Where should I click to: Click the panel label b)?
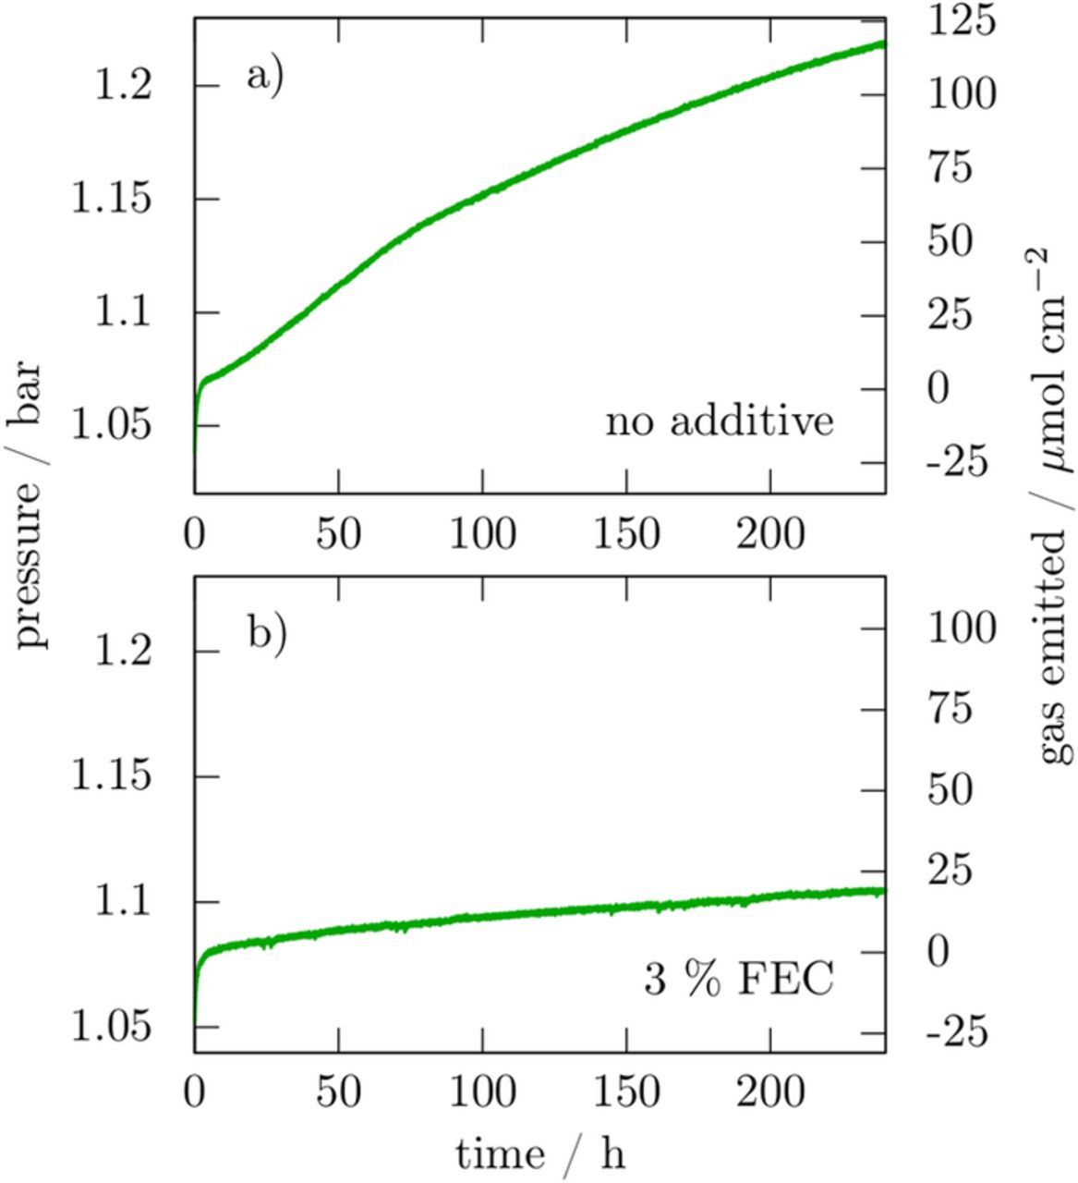pos(266,635)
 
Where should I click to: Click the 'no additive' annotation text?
pos(719,421)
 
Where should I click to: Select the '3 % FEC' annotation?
pos(737,979)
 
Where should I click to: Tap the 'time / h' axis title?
pos(539,1153)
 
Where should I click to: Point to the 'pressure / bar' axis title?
pos(31,504)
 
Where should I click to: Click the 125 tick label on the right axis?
pos(962,20)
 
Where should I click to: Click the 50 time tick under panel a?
pos(339,534)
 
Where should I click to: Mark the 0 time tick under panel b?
pos(195,1093)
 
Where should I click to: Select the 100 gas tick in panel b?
pos(962,628)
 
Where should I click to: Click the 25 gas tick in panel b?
pos(951,871)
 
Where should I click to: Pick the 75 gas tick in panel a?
pos(951,168)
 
